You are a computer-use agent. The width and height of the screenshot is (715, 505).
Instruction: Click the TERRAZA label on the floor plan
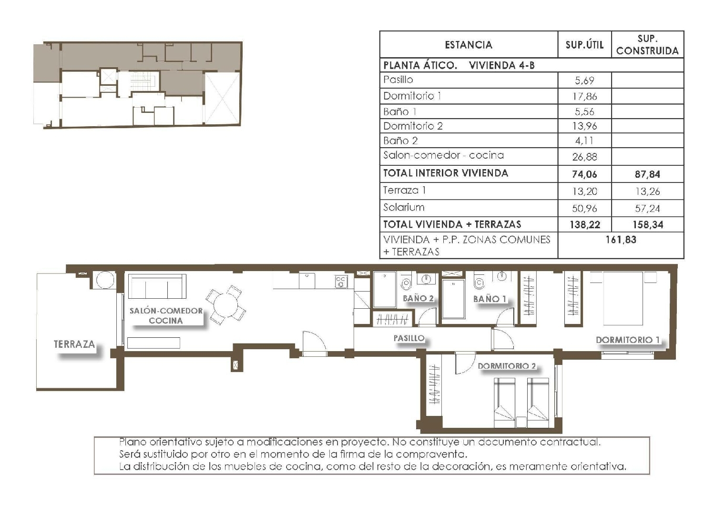pyautogui.click(x=74, y=344)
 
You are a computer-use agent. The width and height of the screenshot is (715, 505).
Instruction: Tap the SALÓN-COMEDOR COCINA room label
pyautogui.click(x=166, y=315)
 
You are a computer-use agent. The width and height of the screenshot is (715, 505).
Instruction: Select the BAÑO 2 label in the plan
pyautogui.click(x=418, y=298)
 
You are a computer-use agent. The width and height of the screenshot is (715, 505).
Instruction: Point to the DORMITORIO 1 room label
pyautogui.click(x=628, y=340)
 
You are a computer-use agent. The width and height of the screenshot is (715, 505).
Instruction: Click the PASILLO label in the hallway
pyautogui.click(x=409, y=338)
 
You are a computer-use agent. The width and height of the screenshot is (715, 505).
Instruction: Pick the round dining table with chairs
pyautogui.click(x=226, y=305)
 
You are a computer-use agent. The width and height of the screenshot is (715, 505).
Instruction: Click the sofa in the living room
pyautogui.click(x=157, y=286)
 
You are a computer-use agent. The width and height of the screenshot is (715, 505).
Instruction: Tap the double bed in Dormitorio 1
pyautogui.click(x=623, y=298)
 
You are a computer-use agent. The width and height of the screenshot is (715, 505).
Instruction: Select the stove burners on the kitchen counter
pyautogui.click(x=341, y=282)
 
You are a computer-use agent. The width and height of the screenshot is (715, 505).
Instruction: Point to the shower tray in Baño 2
pyautogui.click(x=384, y=290)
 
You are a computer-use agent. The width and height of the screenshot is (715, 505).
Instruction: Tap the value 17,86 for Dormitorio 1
pyautogui.click(x=584, y=96)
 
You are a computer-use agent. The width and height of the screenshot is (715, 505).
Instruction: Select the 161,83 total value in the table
pyautogui.click(x=621, y=240)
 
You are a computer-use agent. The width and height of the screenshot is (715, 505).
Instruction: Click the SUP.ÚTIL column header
pyautogui.click(x=584, y=45)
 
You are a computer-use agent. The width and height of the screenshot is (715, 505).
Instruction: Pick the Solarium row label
pyautogui.click(x=404, y=207)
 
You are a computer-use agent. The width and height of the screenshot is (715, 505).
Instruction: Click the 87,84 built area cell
pyautogui.click(x=647, y=174)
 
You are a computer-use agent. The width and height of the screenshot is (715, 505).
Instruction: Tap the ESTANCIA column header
pyautogui.click(x=468, y=45)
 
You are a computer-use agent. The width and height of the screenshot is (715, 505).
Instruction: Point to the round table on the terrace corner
pyautogui.click(x=105, y=281)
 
